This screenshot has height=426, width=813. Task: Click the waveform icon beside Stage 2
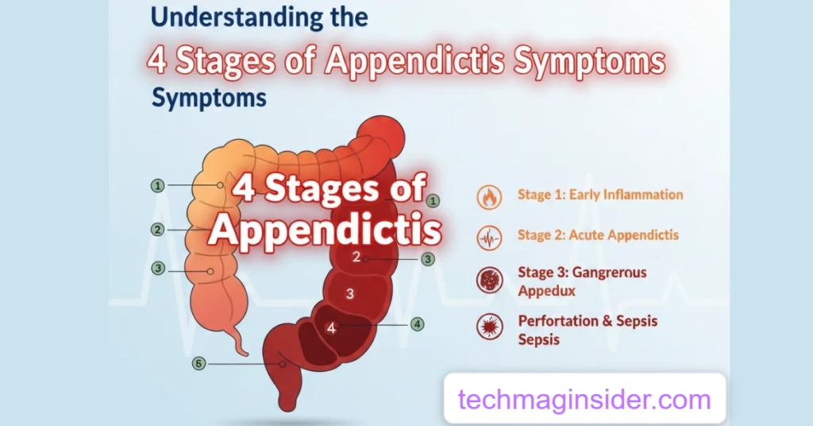click(489, 237)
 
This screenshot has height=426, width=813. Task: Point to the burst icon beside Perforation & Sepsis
click(489, 327)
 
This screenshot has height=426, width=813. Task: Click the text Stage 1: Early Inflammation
click(600, 195)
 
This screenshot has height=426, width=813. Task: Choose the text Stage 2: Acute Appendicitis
click(598, 235)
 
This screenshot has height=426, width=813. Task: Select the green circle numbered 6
click(199, 363)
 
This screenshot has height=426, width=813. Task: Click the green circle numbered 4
click(417, 324)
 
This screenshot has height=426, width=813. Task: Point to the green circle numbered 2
click(158, 230)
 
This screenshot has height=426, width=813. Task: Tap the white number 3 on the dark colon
click(349, 294)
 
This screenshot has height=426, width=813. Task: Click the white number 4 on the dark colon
click(331, 327)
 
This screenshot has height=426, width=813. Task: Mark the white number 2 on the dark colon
click(356, 257)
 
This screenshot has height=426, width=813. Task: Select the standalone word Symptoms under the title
click(209, 99)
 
